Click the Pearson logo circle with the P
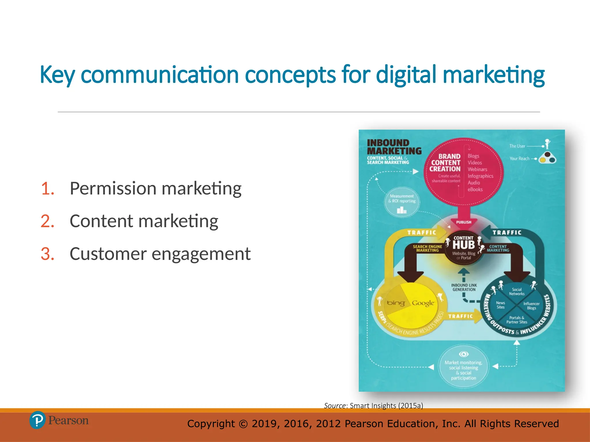tap(37, 420)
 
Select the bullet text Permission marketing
tap(156, 188)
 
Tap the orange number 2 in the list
tap(48, 221)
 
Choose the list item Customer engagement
tap(160, 254)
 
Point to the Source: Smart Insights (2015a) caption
tap(373, 405)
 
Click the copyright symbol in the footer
tap(243, 424)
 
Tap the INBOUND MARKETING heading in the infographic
tap(394, 147)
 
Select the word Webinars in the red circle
tap(477, 169)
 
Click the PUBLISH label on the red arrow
tap(464, 222)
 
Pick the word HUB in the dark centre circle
tap(464, 245)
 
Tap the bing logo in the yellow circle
tap(396, 303)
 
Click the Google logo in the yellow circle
tap(423, 303)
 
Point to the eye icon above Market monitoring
tap(464, 354)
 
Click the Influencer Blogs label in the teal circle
tap(532, 306)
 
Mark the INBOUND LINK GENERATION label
tap(464, 287)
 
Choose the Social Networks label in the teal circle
tap(517, 292)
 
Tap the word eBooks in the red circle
tap(475, 189)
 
